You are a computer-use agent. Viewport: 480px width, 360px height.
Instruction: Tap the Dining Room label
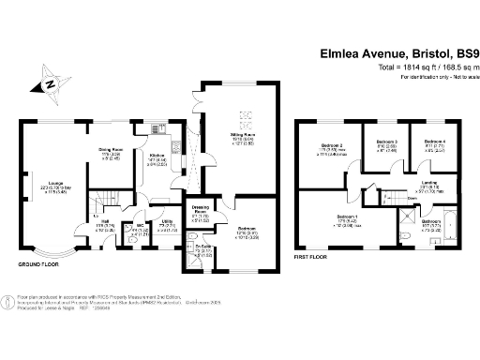112,150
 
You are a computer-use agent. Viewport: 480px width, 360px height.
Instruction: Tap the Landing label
430,184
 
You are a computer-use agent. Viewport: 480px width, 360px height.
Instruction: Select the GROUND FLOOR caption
36,264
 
